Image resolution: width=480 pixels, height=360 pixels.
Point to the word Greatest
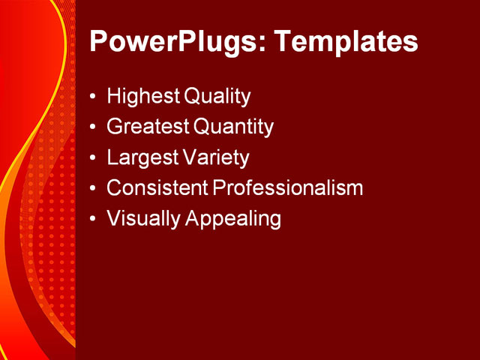click(x=148, y=127)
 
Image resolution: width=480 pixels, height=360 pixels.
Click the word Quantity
click(x=234, y=127)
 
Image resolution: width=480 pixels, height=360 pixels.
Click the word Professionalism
click(x=289, y=188)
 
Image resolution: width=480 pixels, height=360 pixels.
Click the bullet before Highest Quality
click(x=92, y=97)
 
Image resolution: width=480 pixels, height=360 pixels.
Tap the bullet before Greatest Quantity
click(x=92, y=128)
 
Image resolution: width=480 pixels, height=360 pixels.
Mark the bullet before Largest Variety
click(x=92, y=159)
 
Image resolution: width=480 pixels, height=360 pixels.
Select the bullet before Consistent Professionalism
click(x=92, y=189)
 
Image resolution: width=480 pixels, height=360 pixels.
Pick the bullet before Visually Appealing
click(x=92, y=220)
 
